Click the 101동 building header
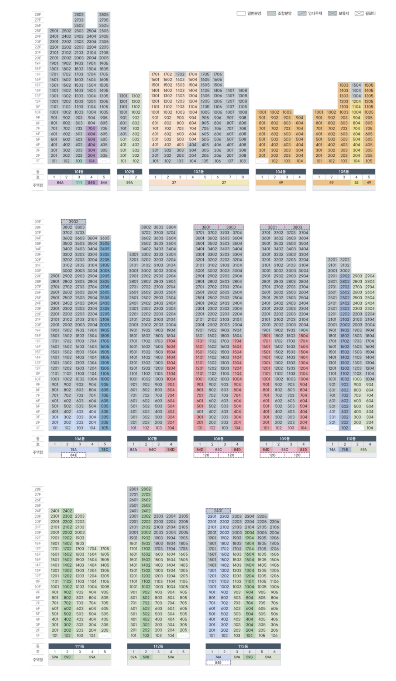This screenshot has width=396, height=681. click(x=79, y=171)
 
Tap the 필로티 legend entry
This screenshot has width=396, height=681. click(x=365, y=13)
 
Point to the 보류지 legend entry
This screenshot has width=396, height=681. click(x=338, y=13)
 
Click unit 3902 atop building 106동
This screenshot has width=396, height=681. click(x=73, y=222)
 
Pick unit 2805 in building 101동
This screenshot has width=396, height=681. click(x=104, y=15)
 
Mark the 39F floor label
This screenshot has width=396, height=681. click(x=38, y=222)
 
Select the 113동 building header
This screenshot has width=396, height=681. click(x=243, y=646)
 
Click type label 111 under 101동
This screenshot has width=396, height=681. click(x=79, y=183)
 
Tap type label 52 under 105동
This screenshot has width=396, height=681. click(x=356, y=183)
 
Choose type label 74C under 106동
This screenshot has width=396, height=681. click(x=105, y=449)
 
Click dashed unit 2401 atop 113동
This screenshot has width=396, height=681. click(x=218, y=511)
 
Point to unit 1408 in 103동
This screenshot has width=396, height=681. click(x=242, y=90)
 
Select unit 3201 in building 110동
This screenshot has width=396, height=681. click(x=332, y=260)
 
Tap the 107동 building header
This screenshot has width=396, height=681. click(x=152, y=438)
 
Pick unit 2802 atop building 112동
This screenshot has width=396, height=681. click(x=146, y=489)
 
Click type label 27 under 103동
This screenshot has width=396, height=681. click(x=224, y=183)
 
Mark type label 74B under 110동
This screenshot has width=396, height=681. click(x=345, y=449)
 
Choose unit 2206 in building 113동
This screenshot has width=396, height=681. click(x=274, y=522)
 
